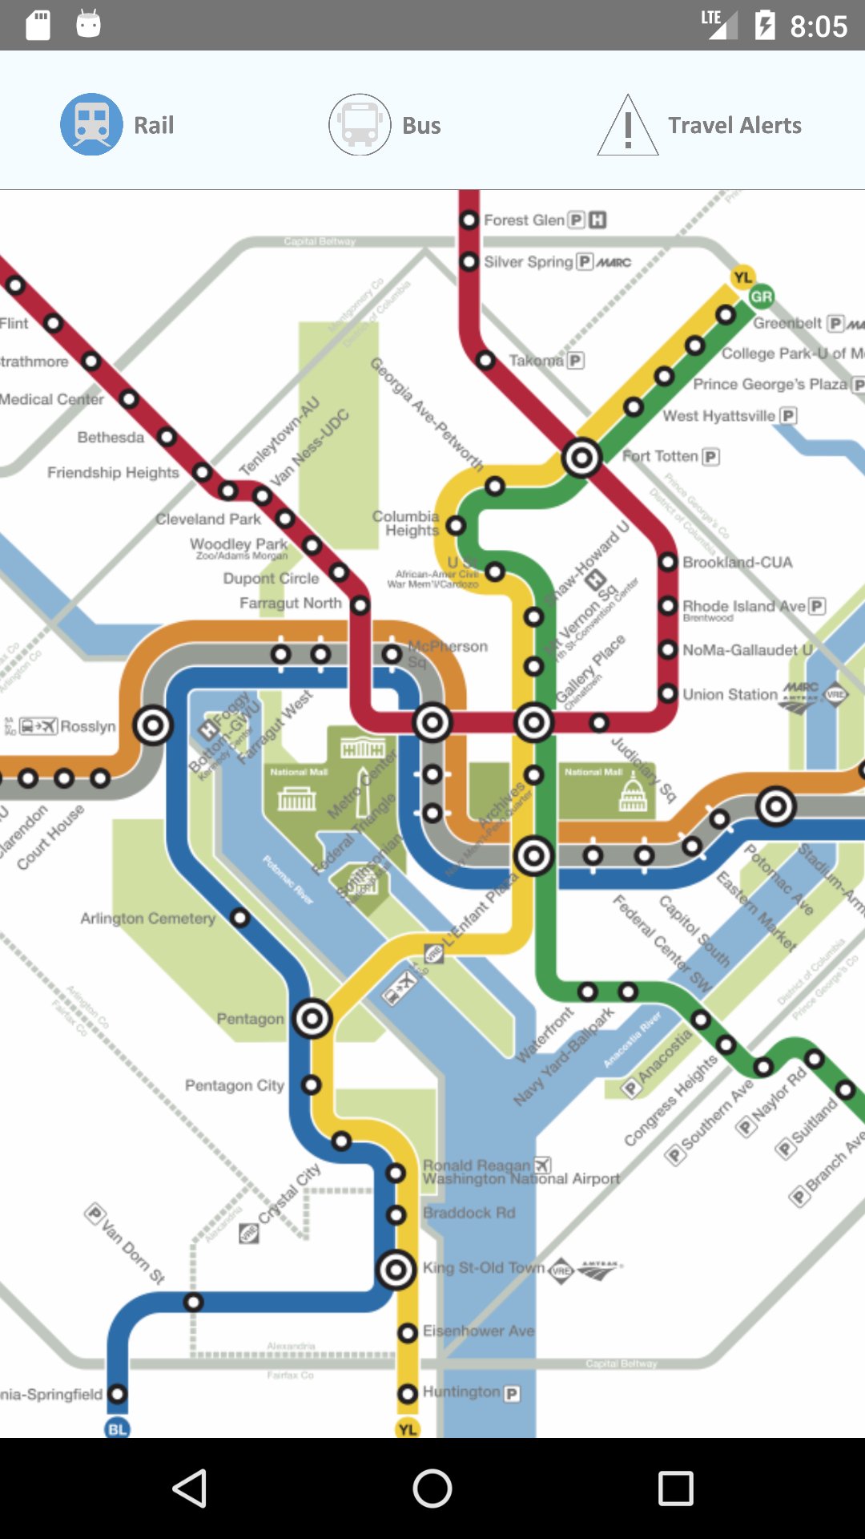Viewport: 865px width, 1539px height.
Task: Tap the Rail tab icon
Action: (92, 124)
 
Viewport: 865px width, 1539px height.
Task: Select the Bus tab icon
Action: (360, 124)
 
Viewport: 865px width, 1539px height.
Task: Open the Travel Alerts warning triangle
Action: (628, 126)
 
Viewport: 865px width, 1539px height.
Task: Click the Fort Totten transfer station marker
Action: (581, 458)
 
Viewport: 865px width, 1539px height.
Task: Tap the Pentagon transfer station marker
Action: (312, 1019)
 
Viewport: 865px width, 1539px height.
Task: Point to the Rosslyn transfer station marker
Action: (153, 725)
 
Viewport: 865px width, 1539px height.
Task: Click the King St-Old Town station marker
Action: (396, 1270)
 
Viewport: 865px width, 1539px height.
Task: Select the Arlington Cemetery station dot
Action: (239, 917)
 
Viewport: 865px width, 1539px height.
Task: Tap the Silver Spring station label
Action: (529, 262)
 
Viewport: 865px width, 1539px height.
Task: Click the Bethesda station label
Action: (111, 438)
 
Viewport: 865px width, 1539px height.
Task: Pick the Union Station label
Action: (730, 694)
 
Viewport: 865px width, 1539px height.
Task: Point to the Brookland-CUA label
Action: (737, 563)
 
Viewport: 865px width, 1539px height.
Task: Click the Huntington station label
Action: (461, 1392)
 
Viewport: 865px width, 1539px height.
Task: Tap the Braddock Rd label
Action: (469, 1213)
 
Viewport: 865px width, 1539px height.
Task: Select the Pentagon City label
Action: (235, 1085)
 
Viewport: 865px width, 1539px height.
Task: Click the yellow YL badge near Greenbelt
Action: (743, 277)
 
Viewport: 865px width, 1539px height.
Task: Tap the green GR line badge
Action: (762, 297)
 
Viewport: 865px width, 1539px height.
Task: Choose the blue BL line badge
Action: (118, 1428)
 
